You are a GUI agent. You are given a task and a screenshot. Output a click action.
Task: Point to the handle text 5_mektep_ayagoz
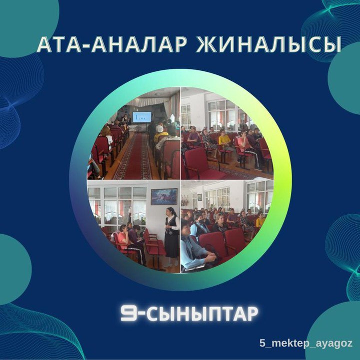pyautogui.click(x=305, y=344)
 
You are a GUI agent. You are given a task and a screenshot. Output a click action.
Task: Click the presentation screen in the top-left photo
pyautogui.click(x=142, y=117)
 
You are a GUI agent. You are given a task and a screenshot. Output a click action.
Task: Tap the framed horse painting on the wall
pyautogui.click(x=164, y=197)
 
